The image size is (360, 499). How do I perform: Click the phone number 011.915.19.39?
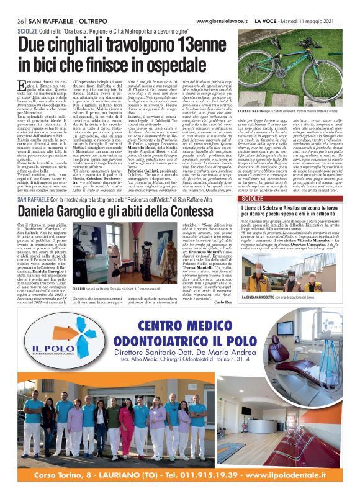(196, 477)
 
